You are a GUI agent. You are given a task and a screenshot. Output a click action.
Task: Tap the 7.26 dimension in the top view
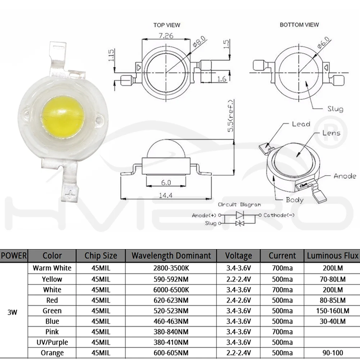click(x=166, y=36)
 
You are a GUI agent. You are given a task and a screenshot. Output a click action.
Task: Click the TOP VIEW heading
click(x=166, y=25)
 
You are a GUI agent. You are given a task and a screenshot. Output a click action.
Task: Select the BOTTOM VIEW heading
click(x=299, y=25)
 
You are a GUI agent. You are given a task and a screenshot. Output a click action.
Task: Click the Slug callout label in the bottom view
click(x=335, y=109)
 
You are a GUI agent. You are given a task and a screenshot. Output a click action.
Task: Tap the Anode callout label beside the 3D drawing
click(x=345, y=176)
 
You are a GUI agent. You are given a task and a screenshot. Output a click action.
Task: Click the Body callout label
click(x=294, y=200)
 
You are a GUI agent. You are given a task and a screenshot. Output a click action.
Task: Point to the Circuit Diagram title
click(x=239, y=204)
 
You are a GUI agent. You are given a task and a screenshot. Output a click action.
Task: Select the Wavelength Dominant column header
click(x=171, y=256)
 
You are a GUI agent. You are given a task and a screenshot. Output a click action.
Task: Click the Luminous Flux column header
click(x=333, y=256)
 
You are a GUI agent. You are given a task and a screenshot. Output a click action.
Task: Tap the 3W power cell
click(x=12, y=312)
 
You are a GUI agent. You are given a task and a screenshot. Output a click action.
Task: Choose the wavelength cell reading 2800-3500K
click(x=171, y=268)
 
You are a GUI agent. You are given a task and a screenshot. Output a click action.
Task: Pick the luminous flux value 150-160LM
click(x=332, y=311)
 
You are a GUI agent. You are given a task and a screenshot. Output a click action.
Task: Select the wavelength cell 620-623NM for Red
click(x=171, y=300)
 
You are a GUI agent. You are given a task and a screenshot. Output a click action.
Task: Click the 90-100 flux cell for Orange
click(x=332, y=353)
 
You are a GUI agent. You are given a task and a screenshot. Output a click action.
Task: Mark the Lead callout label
click(x=301, y=124)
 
